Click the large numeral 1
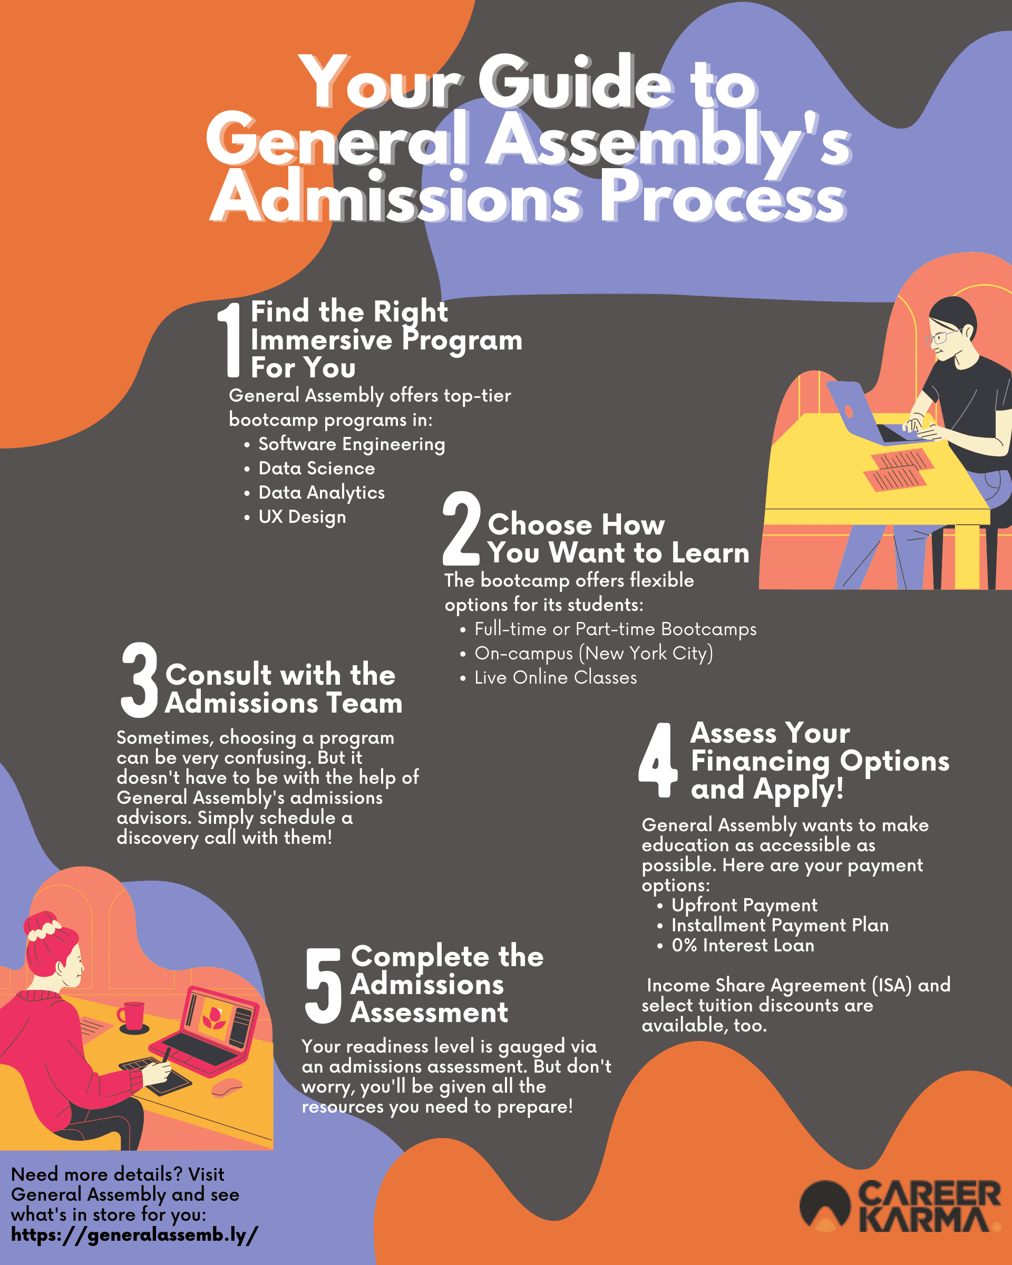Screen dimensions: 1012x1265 coord(230,340)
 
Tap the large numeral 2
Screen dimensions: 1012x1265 coord(461,528)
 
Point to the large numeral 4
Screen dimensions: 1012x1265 coord(658,760)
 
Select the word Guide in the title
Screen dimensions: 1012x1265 coord(576,82)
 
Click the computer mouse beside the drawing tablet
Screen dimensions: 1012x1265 coord(227,1087)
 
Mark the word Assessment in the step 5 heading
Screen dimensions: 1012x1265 coord(430,1012)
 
